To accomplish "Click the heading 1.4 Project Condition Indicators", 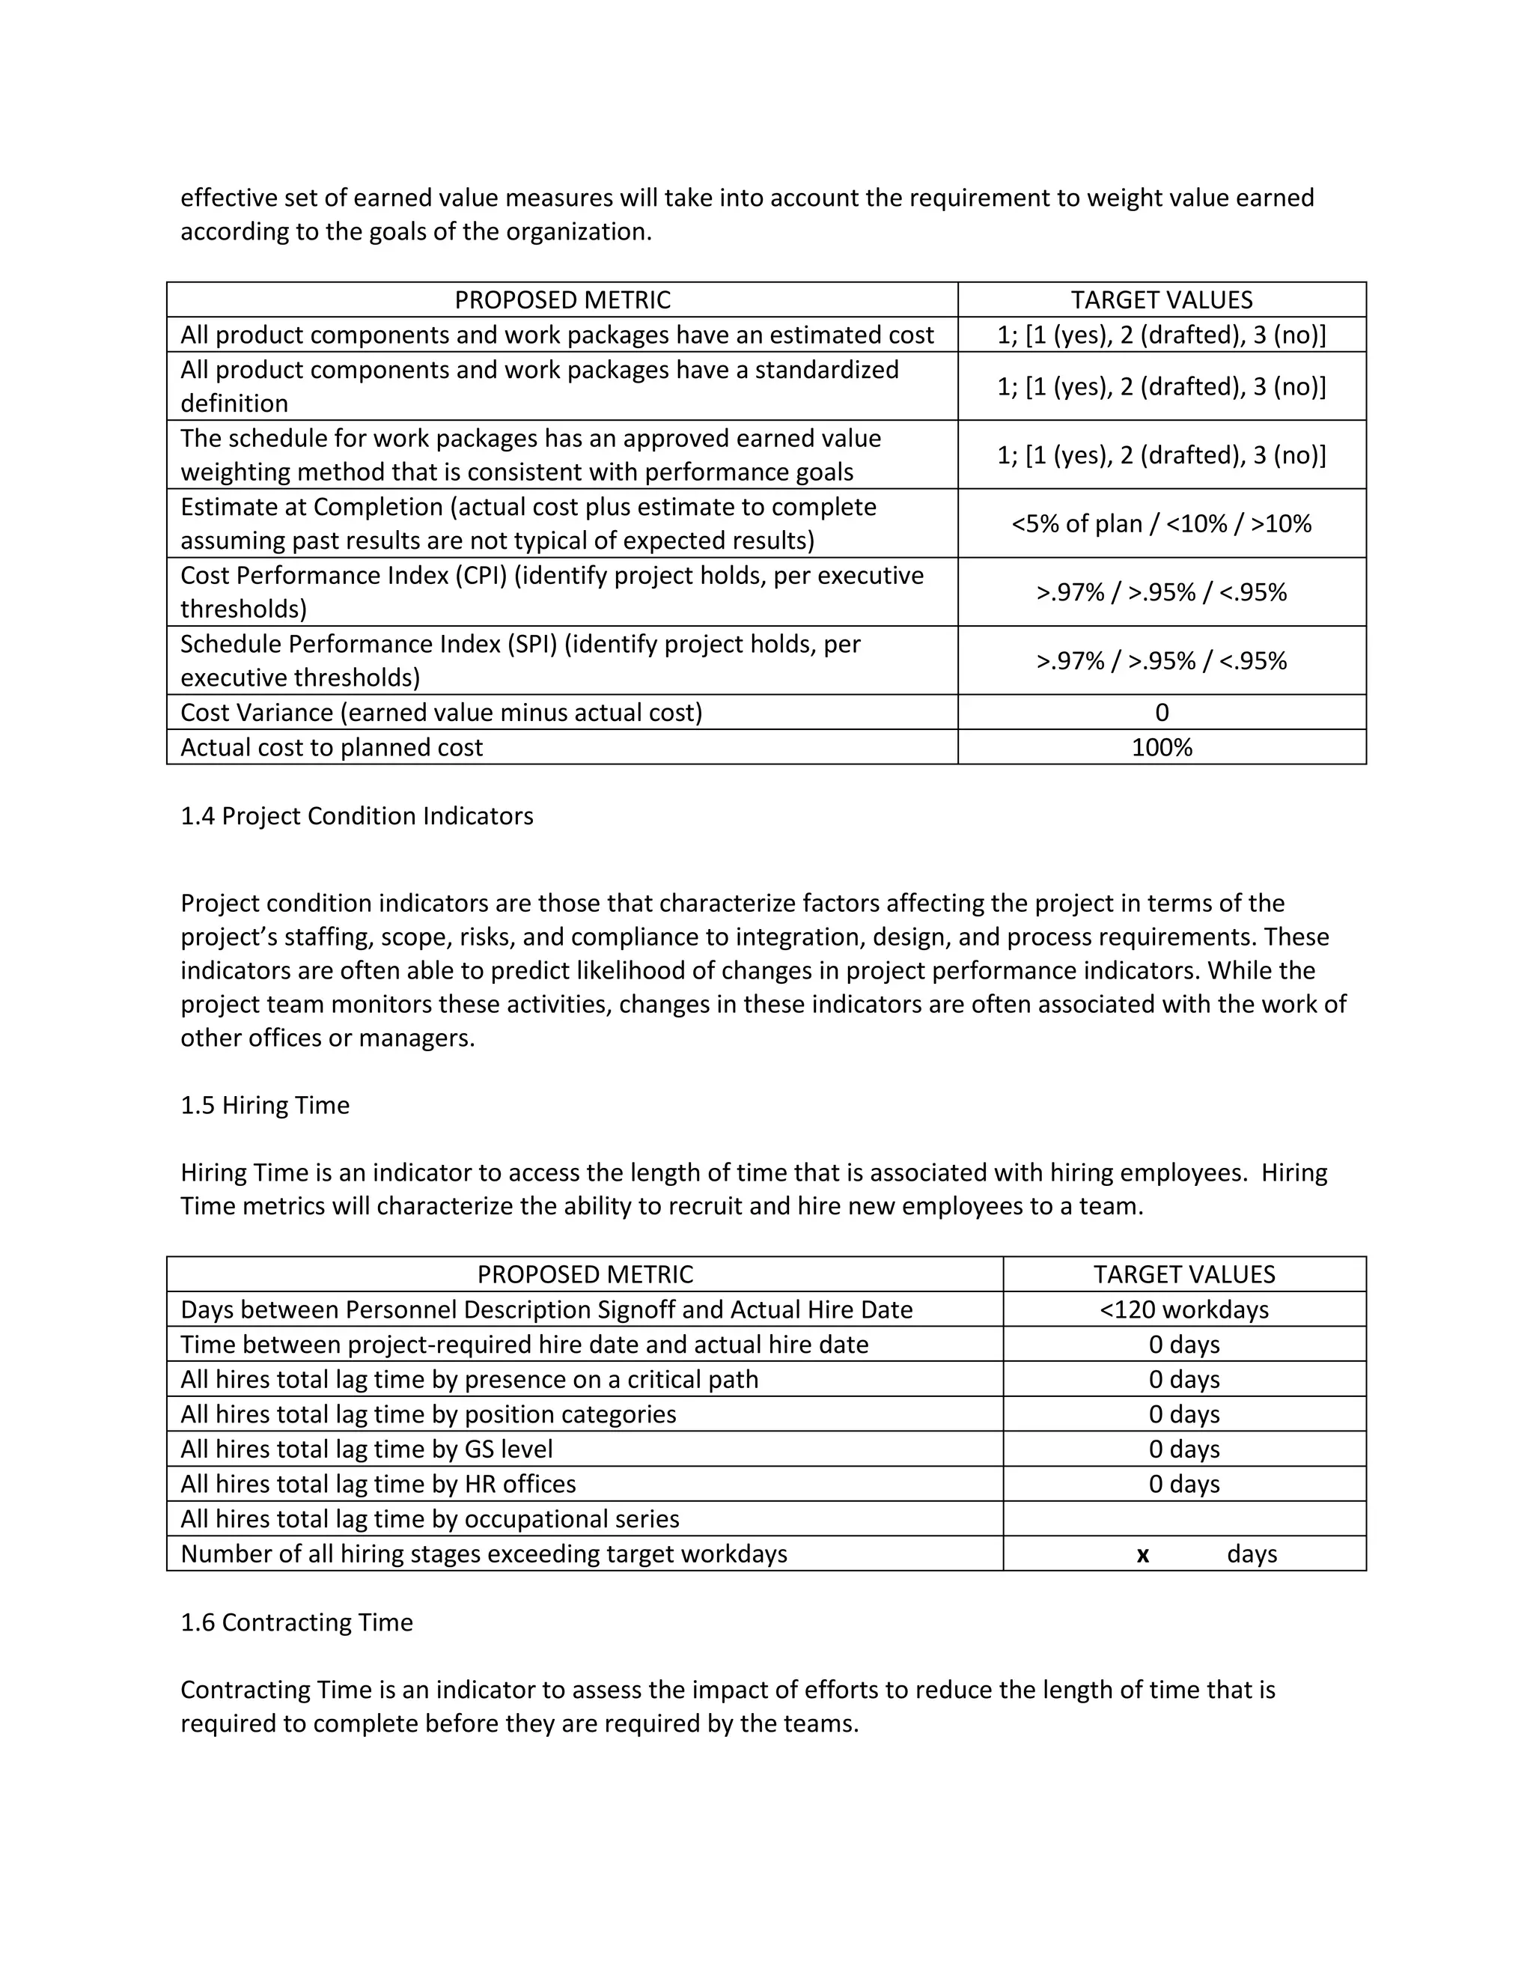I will (x=357, y=816).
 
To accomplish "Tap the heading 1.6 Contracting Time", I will (x=297, y=1622).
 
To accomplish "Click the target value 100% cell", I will (x=1162, y=748).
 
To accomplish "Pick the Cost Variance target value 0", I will (x=1162, y=712).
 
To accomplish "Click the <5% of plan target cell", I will (x=1162, y=523).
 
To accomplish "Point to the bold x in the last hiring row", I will (x=1142, y=1554).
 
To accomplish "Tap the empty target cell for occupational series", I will (x=1183, y=1519).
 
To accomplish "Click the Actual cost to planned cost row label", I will (x=332, y=748).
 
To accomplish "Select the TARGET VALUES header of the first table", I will (x=1162, y=299).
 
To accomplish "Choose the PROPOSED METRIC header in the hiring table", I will (x=585, y=1274).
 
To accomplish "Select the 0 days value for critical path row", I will (x=1183, y=1379).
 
